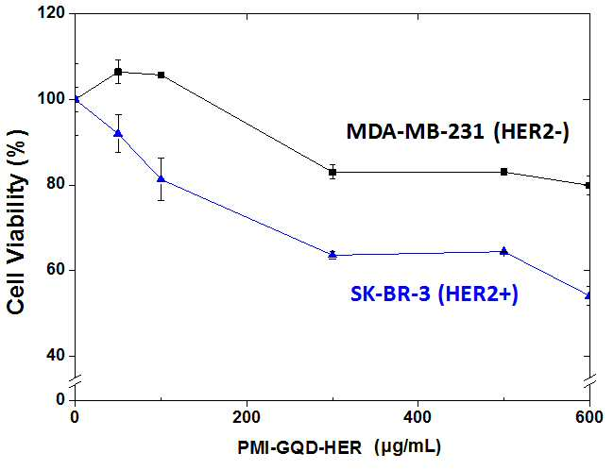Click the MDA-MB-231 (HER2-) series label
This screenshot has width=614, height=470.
click(x=457, y=132)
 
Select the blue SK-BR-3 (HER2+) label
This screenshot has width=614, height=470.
click(x=434, y=294)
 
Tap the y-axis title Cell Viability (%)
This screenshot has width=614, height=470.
click(x=16, y=223)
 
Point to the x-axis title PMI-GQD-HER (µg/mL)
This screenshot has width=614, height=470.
click(x=339, y=447)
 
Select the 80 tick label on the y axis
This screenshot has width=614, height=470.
click(x=55, y=185)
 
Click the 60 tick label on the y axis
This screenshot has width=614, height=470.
click(x=55, y=271)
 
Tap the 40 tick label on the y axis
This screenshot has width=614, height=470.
click(x=55, y=356)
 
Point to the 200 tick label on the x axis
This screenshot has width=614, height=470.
click(x=247, y=417)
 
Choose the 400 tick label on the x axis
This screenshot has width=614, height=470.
click(x=418, y=417)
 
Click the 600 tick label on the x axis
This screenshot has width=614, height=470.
click(x=588, y=417)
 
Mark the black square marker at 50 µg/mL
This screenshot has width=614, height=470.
click(x=118, y=72)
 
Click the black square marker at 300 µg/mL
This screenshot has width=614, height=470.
click(x=333, y=172)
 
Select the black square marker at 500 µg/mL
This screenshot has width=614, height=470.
click(x=504, y=172)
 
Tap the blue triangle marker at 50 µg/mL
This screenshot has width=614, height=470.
click(x=118, y=133)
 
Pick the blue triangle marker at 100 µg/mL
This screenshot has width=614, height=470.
click(x=161, y=178)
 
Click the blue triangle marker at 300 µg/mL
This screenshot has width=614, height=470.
click(x=333, y=255)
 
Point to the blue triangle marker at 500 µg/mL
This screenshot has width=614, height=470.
click(x=504, y=251)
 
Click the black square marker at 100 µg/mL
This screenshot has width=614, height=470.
click(x=161, y=75)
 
